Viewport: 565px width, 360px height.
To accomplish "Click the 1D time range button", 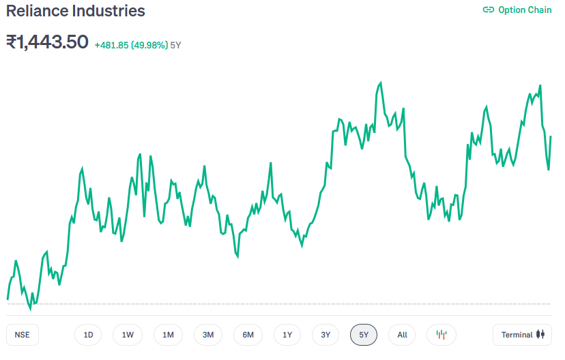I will point(88,335).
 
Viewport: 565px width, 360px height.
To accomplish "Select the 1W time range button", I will point(128,335).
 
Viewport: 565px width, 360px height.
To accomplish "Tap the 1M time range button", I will point(168,335).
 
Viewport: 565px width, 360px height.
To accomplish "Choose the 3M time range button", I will point(208,335).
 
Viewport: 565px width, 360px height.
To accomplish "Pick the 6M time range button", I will point(248,335).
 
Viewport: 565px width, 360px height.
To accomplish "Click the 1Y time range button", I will point(287,335).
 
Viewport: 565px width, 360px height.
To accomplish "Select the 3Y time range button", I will point(325,335).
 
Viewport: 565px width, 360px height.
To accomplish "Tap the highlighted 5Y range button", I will point(364,335).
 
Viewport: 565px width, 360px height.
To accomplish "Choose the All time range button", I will point(402,335).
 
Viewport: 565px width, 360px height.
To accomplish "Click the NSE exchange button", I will point(23,335).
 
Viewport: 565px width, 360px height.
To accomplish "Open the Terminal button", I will point(522,335).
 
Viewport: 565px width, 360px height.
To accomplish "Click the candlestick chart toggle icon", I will point(441,335).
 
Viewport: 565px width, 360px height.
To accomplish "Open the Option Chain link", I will point(525,10).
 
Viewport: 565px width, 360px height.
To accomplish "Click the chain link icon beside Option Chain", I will point(488,10).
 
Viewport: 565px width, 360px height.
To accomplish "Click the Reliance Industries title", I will point(76,11).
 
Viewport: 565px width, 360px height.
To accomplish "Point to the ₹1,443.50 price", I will point(47,42).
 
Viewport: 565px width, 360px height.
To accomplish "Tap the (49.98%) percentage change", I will point(149,45).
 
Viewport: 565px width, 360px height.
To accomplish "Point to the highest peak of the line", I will point(381,82).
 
